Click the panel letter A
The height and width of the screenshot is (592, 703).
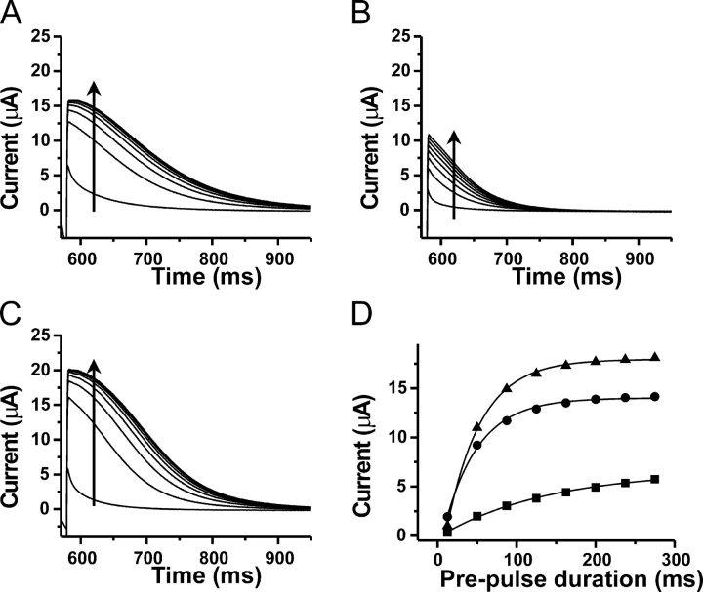click(x=13, y=13)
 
